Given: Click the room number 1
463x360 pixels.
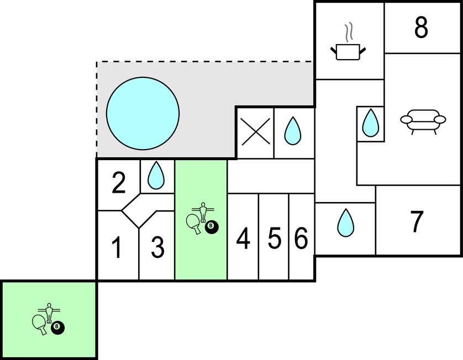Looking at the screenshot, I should coord(117,247).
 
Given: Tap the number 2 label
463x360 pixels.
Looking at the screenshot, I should coord(118,184).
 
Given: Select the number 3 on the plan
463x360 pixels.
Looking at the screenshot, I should coord(157,247).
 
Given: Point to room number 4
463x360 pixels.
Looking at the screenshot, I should coord(243,239).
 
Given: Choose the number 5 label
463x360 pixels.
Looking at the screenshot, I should coord(274,239).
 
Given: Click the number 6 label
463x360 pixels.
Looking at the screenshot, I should coord(301,239).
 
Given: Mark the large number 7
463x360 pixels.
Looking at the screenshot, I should coord(417,221).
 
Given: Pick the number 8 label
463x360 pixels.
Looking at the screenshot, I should coord(421,28).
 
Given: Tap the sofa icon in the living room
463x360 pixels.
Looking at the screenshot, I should coord(423,121).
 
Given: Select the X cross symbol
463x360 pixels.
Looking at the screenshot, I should coord(255,133).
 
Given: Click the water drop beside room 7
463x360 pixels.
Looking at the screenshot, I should coord(345,222).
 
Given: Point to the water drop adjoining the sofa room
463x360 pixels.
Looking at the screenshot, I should coord(370,123).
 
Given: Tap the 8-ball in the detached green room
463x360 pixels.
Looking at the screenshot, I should coord(57,328).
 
